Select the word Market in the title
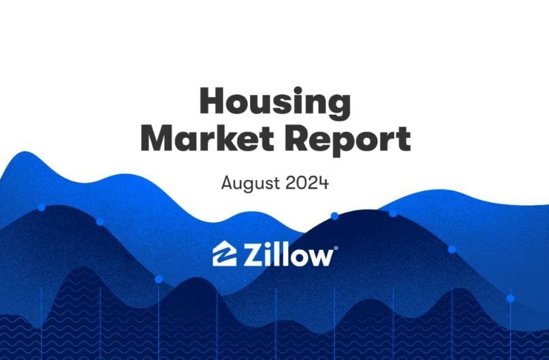pos(207,138)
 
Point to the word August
pos(251,183)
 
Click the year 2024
pos(307,183)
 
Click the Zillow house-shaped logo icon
pos(224,253)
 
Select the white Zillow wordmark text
pos(288,254)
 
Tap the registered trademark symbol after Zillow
pos(336,248)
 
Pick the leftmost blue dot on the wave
pos(41,207)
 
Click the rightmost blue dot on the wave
pos(510,298)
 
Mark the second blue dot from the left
pos(100,221)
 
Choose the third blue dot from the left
pos(158,279)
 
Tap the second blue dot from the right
pos(452,249)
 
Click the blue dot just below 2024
pos(335,216)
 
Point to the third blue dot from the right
pos(393,213)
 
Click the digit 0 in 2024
pos(301,183)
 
